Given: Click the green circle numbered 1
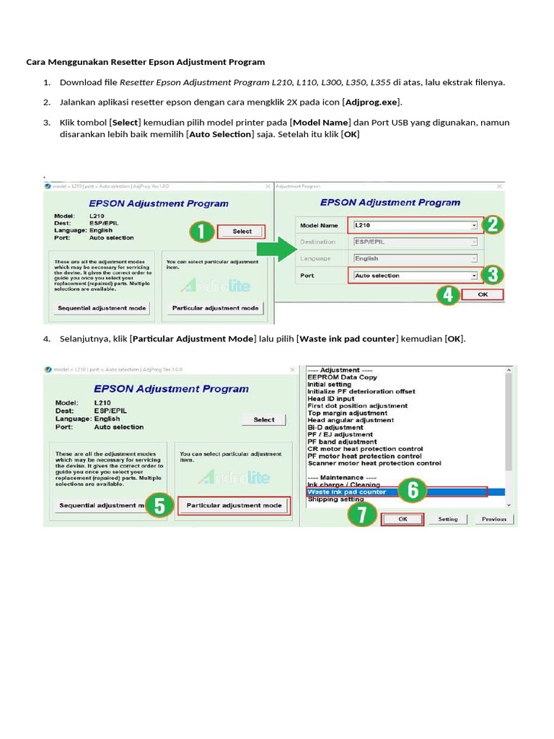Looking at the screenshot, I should point(203,232).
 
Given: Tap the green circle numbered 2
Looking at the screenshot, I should point(492,224).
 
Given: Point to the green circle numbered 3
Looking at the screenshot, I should point(492,275).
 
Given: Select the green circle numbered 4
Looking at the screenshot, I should point(449,295).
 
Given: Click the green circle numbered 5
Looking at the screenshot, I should point(161,505).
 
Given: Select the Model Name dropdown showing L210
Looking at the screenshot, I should point(415,225).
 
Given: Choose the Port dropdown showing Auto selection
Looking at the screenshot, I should point(415,276).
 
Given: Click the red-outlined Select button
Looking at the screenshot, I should point(242,232).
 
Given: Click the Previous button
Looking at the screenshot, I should point(494,519).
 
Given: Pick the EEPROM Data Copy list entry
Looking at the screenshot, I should point(342,377).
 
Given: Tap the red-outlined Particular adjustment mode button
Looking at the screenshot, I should point(234,505).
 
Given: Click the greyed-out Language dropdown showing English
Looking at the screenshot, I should point(415,258).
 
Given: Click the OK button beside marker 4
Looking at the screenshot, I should point(483,294).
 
